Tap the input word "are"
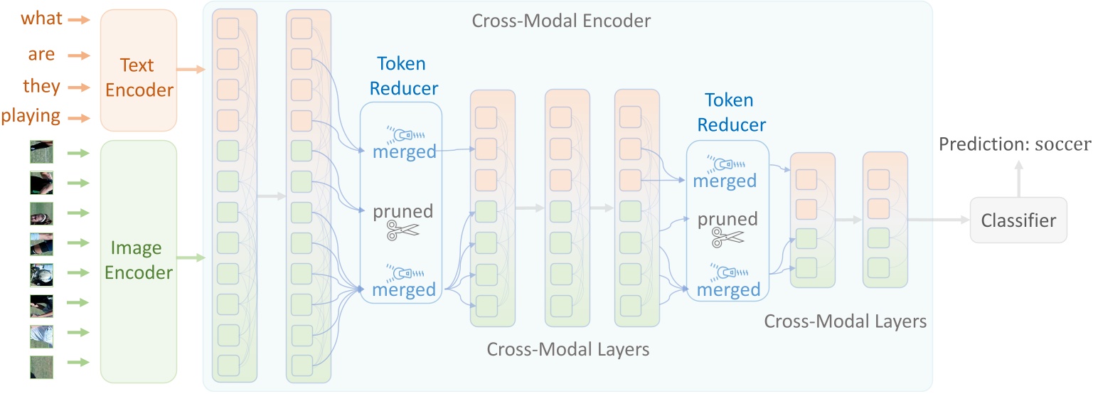pyautogui.click(x=42, y=55)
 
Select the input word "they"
pyautogui.click(x=42, y=87)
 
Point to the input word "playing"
pyautogui.click(x=31, y=117)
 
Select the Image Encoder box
pyautogui.click(x=139, y=261)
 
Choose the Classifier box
pyautogui.click(x=1018, y=221)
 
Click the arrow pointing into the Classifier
pyautogui.click(x=939, y=220)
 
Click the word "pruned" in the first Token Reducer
pyautogui.click(x=404, y=211)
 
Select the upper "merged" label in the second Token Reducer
pyautogui.click(x=725, y=181)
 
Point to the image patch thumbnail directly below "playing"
pyautogui.click(x=41, y=151)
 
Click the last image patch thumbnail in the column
pyautogui.click(x=41, y=366)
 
